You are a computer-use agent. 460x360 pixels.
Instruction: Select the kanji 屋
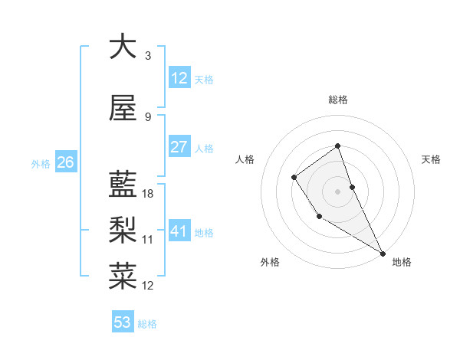tap(123, 109)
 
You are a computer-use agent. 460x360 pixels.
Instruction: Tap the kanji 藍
tap(123, 185)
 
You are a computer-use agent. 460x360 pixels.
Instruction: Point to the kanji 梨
tap(123, 229)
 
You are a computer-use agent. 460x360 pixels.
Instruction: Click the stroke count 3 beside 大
tap(148, 55)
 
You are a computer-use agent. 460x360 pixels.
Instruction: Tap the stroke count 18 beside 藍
tap(148, 194)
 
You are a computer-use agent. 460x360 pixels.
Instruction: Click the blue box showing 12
tap(179, 77)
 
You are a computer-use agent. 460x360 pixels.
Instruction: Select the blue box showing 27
tap(179, 147)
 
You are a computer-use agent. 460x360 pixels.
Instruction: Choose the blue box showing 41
tap(179, 231)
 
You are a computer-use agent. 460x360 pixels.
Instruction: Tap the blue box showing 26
tap(65, 162)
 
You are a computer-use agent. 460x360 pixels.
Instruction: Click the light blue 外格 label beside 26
tap(41, 163)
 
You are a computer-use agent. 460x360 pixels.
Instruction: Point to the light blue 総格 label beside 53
tap(147, 324)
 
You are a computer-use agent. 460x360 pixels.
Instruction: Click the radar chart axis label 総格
tap(337, 100)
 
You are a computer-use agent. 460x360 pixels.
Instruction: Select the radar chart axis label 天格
tap(432, 159)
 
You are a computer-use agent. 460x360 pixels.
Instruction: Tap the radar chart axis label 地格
tap(402, 263)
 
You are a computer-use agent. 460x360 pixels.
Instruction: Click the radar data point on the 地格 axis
tap(383, 253)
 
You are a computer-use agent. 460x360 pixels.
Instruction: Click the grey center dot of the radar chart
tap(337, 191)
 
